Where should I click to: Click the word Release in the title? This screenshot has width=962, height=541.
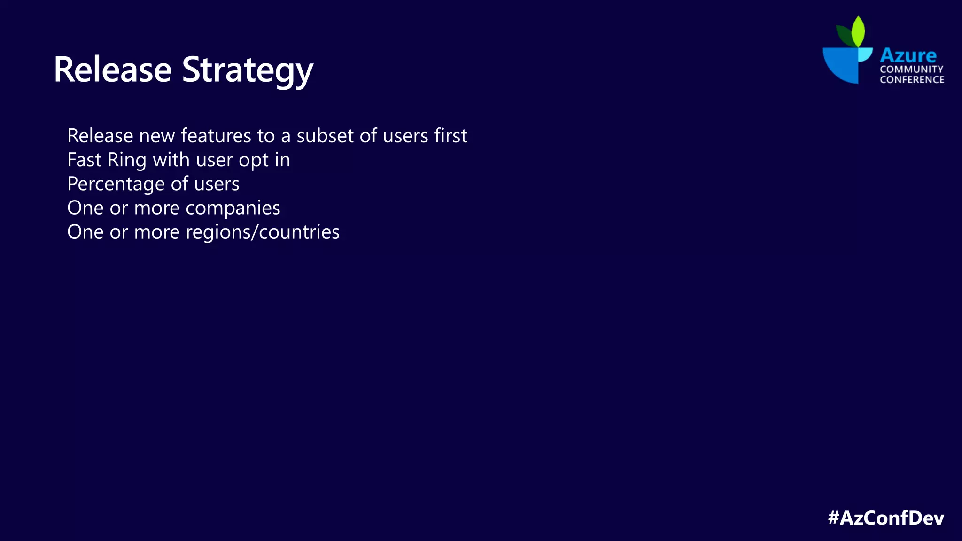[113, 70]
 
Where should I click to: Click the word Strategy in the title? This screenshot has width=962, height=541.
[248, 70]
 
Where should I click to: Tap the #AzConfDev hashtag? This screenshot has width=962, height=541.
[886, 518]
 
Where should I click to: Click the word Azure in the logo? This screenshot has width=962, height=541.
[908, 55]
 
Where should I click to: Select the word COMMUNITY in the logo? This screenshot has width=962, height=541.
[912, 69]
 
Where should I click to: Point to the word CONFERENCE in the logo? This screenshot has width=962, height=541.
[912, 80]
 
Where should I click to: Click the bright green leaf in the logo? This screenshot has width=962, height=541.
[858, 31]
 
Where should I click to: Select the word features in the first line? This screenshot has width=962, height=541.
[216, 136]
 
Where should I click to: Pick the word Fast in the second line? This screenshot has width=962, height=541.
[85, 160]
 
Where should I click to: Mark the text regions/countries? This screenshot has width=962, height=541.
[262, 232]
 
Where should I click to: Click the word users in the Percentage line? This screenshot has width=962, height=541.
[217, 184]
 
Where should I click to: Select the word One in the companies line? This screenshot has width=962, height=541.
[85, 208]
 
